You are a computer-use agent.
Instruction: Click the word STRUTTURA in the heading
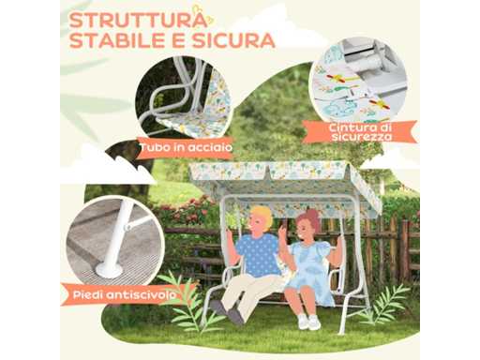coord(138,21)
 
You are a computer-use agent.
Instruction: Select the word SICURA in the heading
coord(233,40)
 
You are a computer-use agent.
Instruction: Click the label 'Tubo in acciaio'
coord(187,147)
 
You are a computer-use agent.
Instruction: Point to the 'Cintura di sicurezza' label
coord(360,132)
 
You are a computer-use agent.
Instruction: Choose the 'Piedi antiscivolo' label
coord(124,295)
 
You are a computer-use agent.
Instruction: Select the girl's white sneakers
coord(308,322)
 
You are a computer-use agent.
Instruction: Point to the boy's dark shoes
coord(228,311)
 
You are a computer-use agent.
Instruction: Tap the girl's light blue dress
coord(307,269)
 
